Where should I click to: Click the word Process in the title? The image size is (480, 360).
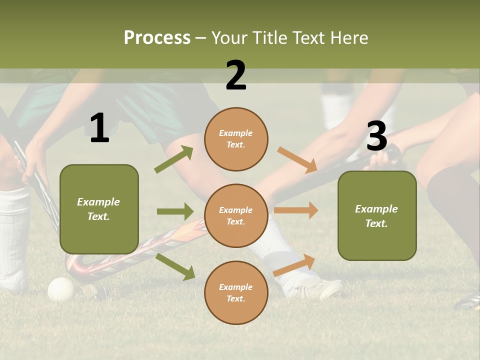coord(157,38)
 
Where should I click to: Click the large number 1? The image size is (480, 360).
coord(99,128)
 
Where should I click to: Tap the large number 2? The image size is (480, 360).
coord(236,75)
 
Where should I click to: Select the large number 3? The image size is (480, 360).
coord(376,136)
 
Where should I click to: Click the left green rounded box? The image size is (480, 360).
coord(99,209)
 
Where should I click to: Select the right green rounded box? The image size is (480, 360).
coord(377,215)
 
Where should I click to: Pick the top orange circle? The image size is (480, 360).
coord(236,139)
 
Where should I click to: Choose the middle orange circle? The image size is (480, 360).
coord(236,215)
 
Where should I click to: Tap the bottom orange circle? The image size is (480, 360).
coord(236,292)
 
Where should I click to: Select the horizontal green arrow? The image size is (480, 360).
coord(175,211)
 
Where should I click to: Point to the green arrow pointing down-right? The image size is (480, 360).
coord(175,266)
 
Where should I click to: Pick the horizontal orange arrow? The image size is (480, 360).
coord(296,210)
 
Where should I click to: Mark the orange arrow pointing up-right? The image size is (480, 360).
coord(294,265)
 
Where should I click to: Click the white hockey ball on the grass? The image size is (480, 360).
coord(60,289)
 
